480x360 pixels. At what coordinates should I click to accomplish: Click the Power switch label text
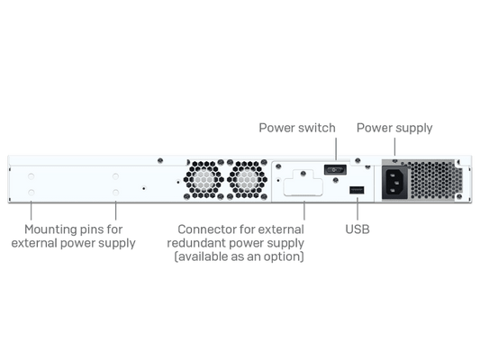pyautogui.click(x=297, y=128)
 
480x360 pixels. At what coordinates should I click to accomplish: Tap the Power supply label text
pyautogui.click(x=394, y=128)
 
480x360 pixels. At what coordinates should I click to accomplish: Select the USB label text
pyautogui.click(x=358, y=229)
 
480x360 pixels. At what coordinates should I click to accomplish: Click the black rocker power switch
pyautogui.click(x=335, y=170)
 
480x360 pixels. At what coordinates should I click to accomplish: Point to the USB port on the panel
pyautogui.click(x=357, y=190)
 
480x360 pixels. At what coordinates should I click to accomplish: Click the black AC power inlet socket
pyautogui.click(x=395, y=183)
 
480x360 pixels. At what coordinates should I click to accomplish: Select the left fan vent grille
pyautogui.click(x=204, y=179)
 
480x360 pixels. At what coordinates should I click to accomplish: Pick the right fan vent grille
pyautogui.click(x=248, y=179)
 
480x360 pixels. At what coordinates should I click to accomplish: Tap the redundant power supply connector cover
pyautogui.click(x=303, y=183)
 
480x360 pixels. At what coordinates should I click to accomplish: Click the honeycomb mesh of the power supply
pyautogui.click(x=435, y=180)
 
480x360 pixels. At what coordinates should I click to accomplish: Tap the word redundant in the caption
pyautogui.click(x=196, y=243)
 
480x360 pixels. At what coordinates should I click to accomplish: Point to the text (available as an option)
pyautogui.click(x=239, y=256)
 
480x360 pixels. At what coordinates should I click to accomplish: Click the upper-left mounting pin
pyautogui.click(x=31, y=176)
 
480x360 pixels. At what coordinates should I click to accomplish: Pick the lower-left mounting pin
pyautogui.click(x=31, y=193)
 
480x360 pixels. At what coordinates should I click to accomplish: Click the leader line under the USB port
pyautogui.click(x=358, y=209)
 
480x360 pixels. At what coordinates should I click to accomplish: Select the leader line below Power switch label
pyautogui.click(x=336, y=149)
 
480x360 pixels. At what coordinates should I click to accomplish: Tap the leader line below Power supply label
pyautogui.click(x=394, y=147)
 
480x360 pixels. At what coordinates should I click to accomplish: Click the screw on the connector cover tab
pyautogui.click(x=303, y=174)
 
